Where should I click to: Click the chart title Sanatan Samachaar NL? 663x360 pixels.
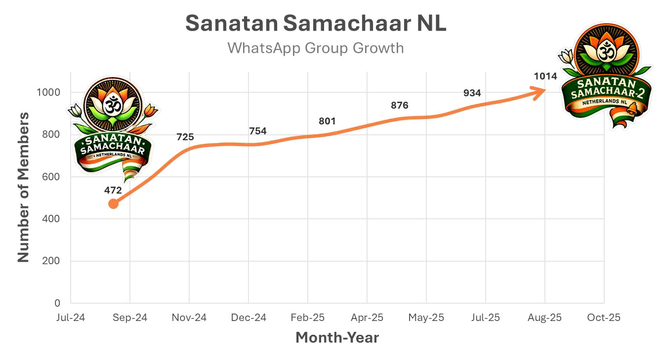(x=316, y=24)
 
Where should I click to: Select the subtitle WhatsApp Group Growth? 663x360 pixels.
(x=316, y=48)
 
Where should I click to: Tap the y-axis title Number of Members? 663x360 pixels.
(x=23, y=188)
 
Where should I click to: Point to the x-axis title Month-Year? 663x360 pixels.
(x=337, y=338)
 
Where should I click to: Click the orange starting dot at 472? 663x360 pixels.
(x=113, y=203)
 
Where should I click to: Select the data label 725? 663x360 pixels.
(x=185, y=137)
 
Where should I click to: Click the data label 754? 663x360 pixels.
(x=258, y=131)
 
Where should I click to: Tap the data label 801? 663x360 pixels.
(x=327, y=121)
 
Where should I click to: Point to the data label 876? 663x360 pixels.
(x=399, y=105)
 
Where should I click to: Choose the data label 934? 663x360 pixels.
(x=472, y=93)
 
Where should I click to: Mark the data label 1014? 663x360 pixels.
(x=545, y=76)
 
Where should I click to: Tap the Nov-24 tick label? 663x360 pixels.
(x=189, y=318)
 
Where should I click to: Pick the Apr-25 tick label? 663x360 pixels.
(x=367, y=318)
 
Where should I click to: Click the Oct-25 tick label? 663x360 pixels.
(x=604, y=318)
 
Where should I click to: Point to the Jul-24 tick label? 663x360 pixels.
(x=71, y=318)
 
